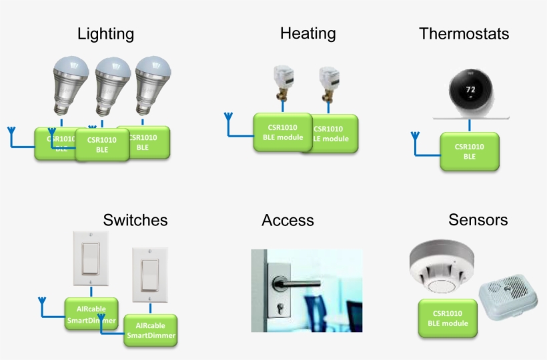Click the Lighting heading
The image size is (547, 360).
105,33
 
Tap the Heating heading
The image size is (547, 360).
308,33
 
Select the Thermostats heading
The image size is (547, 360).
464,33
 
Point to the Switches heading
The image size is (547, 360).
135,220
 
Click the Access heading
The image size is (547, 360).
288,221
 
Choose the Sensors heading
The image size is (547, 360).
478,220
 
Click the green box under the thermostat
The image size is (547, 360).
469,151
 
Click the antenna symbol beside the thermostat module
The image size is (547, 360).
415,138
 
